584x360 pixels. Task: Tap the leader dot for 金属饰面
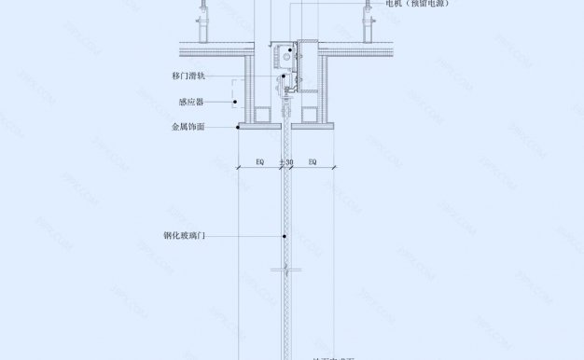point(238,126)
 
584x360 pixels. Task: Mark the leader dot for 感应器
point(236,102)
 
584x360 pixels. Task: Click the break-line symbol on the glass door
point(285,271)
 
